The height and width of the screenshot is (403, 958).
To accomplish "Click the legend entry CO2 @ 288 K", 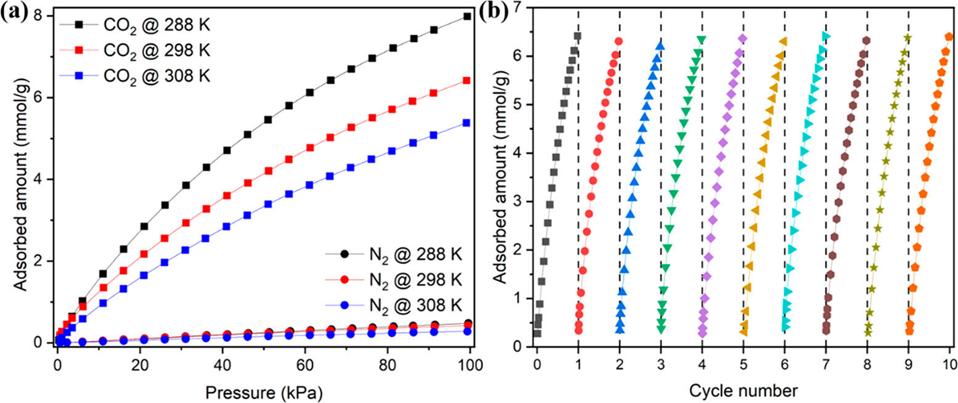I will (x=148, y=25).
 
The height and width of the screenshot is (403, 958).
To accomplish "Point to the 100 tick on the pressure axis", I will (x=469, y=359).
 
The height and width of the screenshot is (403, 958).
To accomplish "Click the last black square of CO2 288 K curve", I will (x=467, y=17).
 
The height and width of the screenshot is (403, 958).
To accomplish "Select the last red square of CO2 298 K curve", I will (x=467, y=80).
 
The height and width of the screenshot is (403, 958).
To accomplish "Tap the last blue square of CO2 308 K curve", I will (x=467, y=123).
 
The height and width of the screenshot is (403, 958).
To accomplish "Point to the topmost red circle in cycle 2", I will (x=619, y=41).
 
